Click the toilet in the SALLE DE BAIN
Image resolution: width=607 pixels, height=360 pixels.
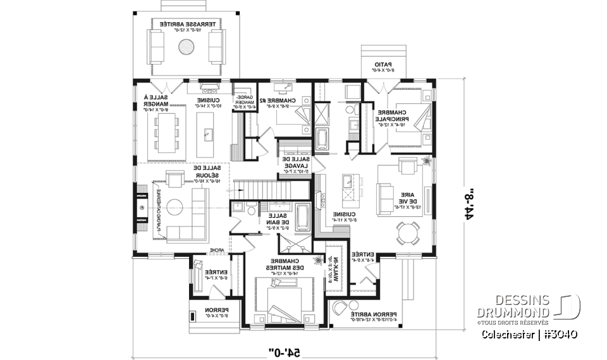click(x=250, y=211)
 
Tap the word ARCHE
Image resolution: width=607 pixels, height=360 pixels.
click(x=217, y=249)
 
